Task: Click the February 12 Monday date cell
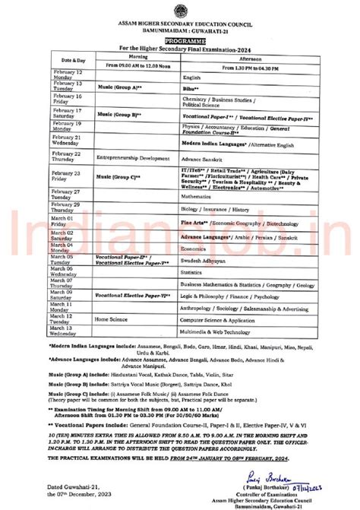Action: (x=68, y=74)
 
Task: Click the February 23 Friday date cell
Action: (x=68, y=176)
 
